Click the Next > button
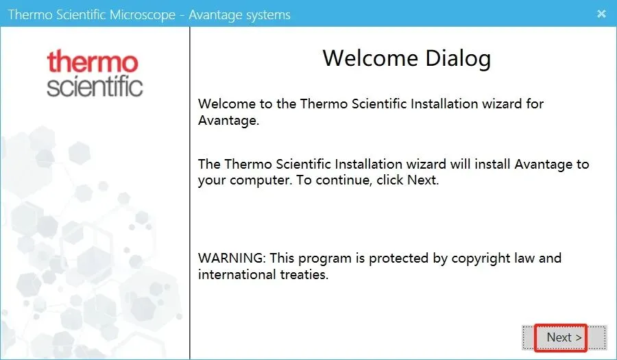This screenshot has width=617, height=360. pos(564,337)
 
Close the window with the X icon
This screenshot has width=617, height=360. pos(601,14)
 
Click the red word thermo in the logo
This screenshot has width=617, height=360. pos(93,62)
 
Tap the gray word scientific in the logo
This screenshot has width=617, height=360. pos(95,86)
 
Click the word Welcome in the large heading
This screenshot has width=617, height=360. pos(370,58)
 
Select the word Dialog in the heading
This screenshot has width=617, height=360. pos(458,59)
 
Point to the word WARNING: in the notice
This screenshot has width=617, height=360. pos(232,258)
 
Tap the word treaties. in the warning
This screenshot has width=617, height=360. pos(304,274)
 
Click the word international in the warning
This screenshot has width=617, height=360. pos(237,274)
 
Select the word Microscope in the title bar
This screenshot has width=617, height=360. pos(143,15)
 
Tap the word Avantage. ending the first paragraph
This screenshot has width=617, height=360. pos(228,120)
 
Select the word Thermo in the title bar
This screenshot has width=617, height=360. pos(30,14)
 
